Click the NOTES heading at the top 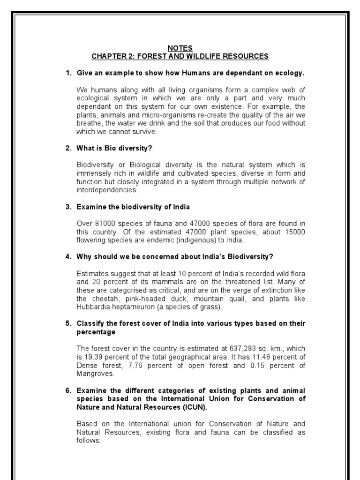pyautogui.click(x=180, y=48)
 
